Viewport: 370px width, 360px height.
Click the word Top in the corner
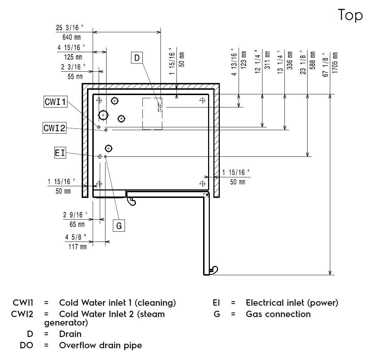tap(350, 15)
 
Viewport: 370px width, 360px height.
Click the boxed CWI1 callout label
tap(55, 102)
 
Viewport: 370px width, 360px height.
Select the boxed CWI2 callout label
tap(55, 128)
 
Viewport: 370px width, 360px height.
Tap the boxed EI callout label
tap(60, 153)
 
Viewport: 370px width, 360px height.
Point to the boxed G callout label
tap(119, 226)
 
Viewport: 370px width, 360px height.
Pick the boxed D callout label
tap(137, 57)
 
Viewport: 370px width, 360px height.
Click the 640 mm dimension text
tap(72, 37)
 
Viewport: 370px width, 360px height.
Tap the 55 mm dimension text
tap(75, 76)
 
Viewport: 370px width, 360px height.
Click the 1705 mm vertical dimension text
tap(335, 63)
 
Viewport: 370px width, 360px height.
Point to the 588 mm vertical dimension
tap(312, 61)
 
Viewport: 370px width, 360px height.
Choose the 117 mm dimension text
tap(77, 247)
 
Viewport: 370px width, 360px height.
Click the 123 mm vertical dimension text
tap(243, 59)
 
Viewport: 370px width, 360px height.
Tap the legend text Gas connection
tap(278, 314)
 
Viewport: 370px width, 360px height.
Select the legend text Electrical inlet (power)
tap(292, 303)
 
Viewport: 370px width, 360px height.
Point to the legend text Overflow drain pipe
tap(100, 345)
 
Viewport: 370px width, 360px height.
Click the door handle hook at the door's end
tap(213, 270)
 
